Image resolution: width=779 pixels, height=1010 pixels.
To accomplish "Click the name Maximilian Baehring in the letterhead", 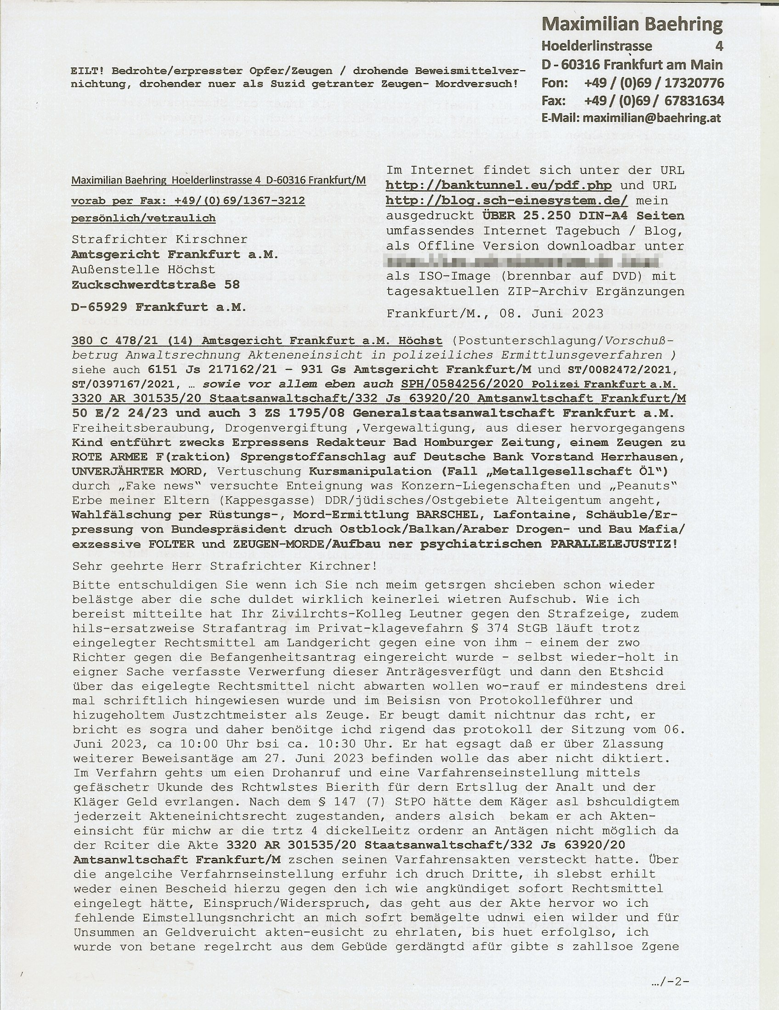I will [632, 25].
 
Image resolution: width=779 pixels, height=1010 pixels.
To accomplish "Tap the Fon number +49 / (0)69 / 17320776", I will [654, 83].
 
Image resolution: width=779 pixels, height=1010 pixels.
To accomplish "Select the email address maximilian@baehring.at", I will [652, 118].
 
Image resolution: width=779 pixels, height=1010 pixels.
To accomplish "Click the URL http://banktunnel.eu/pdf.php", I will [499, 186].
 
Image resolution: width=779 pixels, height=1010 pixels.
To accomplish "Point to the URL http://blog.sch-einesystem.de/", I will [507, 201].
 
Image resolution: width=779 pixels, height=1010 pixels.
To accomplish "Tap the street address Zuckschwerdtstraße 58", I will [156, 285].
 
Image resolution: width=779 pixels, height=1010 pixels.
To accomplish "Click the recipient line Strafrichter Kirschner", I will [159, 240].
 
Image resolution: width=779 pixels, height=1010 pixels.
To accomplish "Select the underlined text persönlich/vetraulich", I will [143, 218].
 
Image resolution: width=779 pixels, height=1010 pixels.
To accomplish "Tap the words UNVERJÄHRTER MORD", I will [137, 471].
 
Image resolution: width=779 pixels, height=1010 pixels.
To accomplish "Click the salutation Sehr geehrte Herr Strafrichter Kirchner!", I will [224, 566].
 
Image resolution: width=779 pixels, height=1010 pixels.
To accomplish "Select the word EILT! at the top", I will [87, 71].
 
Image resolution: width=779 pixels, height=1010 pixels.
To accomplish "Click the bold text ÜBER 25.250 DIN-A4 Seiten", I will [583, 216].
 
